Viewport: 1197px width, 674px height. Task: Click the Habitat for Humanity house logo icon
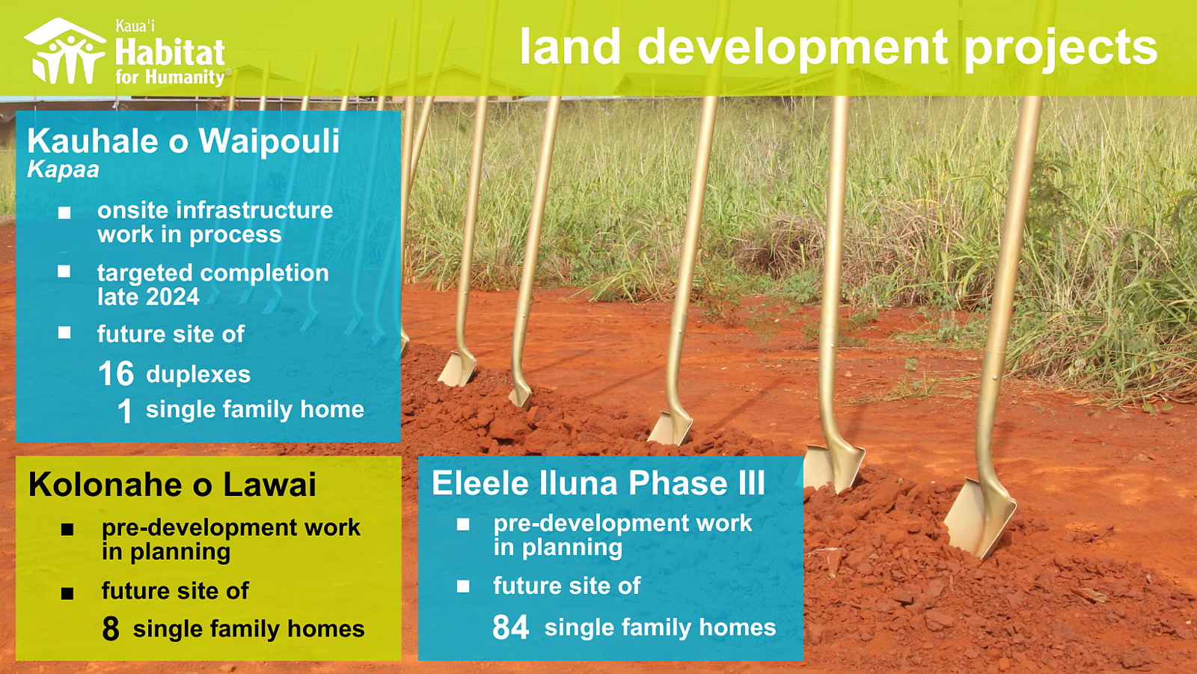pyautogui.click(x=64, y=51)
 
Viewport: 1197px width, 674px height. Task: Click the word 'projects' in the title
pyautogui.click(x=1062, y=48)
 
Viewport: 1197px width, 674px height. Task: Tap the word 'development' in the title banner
pyautogui.click(x=793, y=46)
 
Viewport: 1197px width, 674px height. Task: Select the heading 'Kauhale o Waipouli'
pyautogui.click(x=183, y=141)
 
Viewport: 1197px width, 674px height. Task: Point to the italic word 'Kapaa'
pyautogui.click(x=63, y=170)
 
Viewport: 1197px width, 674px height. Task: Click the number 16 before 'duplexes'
pyautogui.click(x=116, y=373)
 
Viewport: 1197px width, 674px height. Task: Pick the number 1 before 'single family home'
pyautogui.click(x=124, y=411)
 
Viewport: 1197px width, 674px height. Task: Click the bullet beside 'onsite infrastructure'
pyautogui.click(x=64, y=212)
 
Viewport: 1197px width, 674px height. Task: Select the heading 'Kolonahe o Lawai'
pyautogui.click(x=172, y=484)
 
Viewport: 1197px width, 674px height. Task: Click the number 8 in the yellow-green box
pyautogui.click(x=110, y=628)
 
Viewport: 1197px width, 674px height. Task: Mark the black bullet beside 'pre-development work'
pyautogui.click(x=67, y=530)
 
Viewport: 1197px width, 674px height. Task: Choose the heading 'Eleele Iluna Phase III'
pyautogui.click(x=598, y=482)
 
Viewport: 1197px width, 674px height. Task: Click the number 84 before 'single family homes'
pyautogui.click(x=510, y=627)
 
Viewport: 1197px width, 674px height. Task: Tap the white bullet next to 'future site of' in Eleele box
pyautogui.click(x=463, y=586)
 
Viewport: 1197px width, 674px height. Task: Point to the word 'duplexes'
pyautogui.click(x=198, y=374)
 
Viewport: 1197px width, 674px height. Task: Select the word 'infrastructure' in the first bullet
pyautogui.click(x=254, y=210)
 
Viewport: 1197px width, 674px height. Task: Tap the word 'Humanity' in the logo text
pyautogui.click(x=185, y=78)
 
